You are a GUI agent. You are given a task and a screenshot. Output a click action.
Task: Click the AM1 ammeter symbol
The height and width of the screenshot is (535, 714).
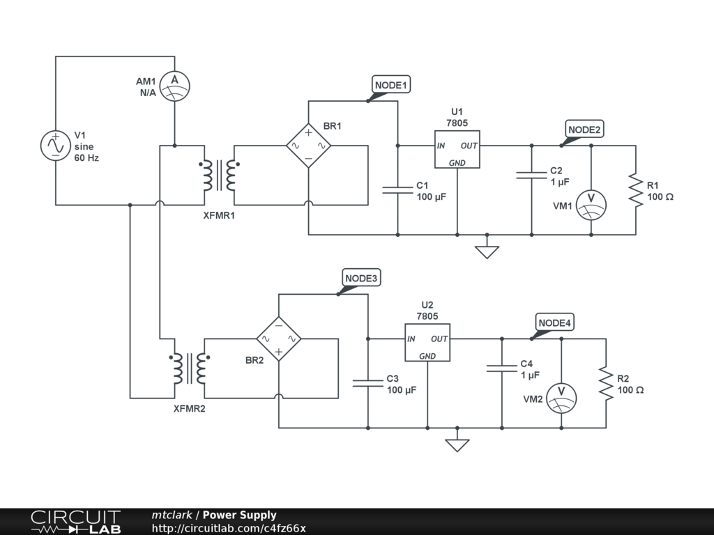tap(175, 86)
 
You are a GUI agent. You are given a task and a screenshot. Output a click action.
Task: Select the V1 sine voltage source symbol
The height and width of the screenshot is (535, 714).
tap(56, 146)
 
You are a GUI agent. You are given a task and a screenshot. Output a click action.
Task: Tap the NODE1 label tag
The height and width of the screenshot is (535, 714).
tap(390, 85)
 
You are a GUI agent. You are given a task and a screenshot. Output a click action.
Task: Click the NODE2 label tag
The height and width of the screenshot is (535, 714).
tap(584, 130)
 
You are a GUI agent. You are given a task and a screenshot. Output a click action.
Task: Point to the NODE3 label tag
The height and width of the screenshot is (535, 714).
tap(361, 278)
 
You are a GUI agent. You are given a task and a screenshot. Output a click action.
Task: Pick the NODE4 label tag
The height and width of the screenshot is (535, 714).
tap(554, 323)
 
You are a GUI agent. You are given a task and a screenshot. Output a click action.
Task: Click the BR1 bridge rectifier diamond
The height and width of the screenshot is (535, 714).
tap(309, 146)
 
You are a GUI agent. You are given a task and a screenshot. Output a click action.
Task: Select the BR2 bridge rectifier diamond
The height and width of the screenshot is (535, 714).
tap(279, 339)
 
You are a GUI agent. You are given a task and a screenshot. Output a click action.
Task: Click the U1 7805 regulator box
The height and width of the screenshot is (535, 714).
tap(457, 149)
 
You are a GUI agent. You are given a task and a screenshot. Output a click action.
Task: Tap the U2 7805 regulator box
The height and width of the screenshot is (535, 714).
tap(427, 343)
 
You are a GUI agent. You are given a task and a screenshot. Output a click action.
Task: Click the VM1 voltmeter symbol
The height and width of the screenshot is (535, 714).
tap(591, 206)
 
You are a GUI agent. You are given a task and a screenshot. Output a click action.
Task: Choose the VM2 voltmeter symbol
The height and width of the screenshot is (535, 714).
tap(561, 398)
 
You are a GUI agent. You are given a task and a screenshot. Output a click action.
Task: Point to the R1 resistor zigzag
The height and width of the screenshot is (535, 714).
tap(636, 190)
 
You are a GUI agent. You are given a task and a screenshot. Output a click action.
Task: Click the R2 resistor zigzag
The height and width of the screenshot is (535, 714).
tap(606, 384)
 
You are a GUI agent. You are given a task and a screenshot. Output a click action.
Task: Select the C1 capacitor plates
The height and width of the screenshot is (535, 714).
tap(397, 190)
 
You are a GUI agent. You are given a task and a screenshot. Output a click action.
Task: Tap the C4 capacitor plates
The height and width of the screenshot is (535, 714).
tap(502, 369)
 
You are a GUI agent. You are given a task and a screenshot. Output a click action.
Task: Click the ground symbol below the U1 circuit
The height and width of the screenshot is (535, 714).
tap(487, 251)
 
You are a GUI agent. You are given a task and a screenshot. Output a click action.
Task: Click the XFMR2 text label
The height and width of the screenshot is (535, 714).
tap(190, 408)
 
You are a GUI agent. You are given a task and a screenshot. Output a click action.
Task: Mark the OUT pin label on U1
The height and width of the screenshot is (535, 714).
tap(469, 146)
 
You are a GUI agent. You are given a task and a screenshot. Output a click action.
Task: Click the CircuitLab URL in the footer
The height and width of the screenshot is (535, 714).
tap(229, 528)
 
